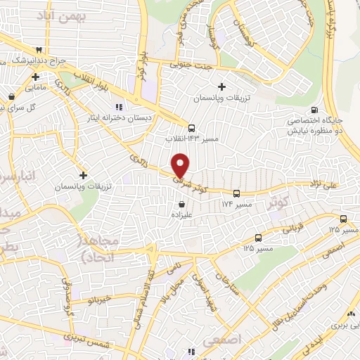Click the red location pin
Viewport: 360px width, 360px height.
pos(181,165)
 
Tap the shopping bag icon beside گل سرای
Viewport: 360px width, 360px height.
pos(12,96)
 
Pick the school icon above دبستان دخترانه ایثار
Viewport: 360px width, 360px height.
pos(118,106)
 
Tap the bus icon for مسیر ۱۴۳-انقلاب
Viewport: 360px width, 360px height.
pos(191,128)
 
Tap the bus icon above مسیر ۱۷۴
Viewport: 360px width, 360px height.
pos(236,193)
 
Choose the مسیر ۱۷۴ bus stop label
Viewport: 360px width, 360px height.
pos(236,204)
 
